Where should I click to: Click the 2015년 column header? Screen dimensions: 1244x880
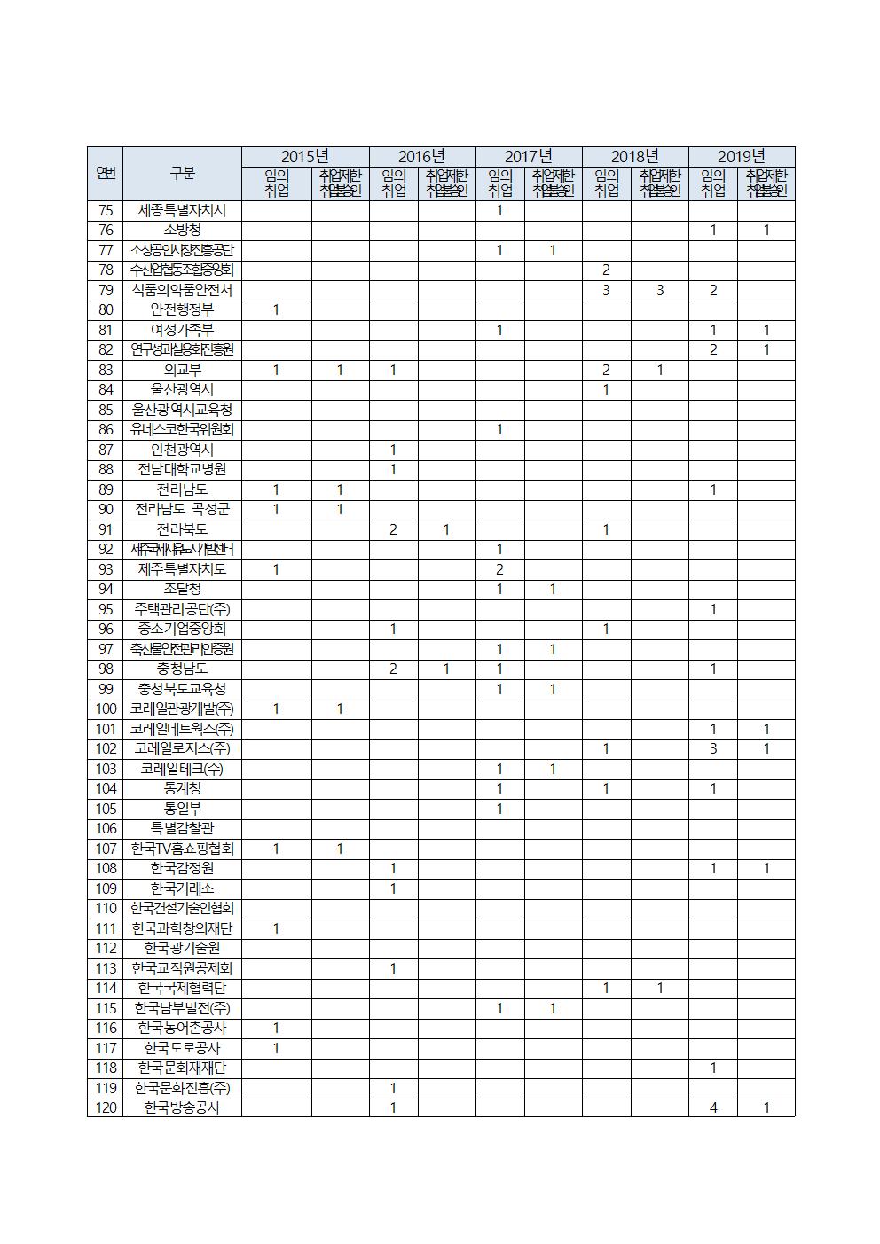304,157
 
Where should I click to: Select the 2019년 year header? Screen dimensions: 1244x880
741,157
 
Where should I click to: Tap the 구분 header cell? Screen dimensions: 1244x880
182,174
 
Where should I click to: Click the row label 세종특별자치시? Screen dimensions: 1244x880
182,211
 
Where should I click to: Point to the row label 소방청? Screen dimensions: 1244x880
182,231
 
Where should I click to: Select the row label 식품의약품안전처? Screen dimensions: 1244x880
182,291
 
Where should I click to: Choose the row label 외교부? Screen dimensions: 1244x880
182,371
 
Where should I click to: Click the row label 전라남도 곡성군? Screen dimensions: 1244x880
182,510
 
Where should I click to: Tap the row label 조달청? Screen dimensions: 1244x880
182,590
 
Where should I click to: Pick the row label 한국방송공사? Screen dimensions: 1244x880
182,1107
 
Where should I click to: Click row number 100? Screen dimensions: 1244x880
106,709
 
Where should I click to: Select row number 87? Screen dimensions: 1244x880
106,450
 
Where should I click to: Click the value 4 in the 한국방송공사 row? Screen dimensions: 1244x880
712,1107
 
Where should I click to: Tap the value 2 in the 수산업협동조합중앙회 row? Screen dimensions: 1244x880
606,270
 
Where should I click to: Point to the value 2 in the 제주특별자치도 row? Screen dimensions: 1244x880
499,569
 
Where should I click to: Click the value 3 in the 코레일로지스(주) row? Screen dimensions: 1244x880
712,749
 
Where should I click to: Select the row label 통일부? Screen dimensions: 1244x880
182,809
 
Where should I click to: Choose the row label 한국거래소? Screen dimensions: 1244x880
182,888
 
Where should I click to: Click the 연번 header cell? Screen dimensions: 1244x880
106,174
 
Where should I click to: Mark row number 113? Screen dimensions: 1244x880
106,968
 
